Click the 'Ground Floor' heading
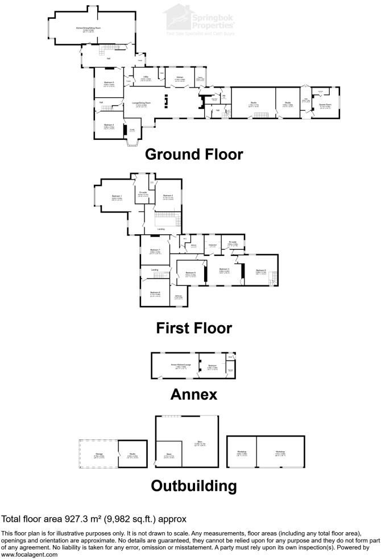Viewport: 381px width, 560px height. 193,154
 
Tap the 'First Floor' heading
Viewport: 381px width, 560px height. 193,328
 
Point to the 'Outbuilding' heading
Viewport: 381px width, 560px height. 193,486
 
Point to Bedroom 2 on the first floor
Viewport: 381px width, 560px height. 168,197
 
